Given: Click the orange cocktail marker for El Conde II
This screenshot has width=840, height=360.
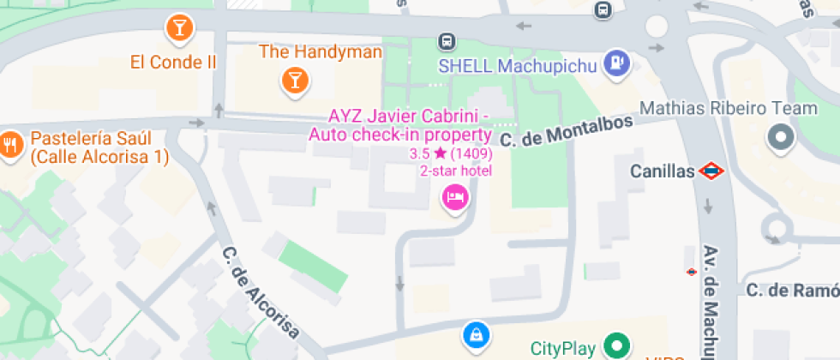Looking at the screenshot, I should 179,27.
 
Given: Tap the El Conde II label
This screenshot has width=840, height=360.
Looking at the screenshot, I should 173,62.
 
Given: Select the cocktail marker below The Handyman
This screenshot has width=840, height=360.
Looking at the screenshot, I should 294,81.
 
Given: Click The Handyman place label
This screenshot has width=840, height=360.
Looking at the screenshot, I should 320,52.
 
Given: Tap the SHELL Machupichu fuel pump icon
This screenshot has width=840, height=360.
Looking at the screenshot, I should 616,63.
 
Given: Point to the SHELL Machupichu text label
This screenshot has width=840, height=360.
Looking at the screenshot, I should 517,66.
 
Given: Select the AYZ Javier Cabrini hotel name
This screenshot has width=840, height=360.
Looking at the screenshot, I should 409,125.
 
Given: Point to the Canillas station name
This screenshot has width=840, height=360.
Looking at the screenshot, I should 662,171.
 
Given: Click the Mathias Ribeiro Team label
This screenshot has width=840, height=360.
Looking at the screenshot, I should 729,109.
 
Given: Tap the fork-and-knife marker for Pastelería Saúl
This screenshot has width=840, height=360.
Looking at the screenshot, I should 10,143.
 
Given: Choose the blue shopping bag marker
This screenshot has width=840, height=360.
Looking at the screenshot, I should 474,333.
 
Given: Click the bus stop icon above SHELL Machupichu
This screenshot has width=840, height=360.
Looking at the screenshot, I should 446,40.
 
